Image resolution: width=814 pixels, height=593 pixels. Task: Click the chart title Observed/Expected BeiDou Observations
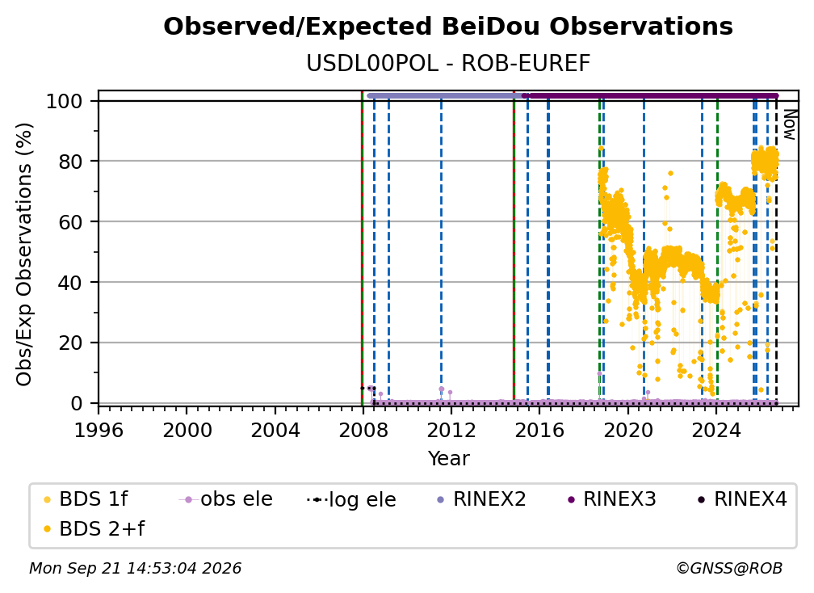448,27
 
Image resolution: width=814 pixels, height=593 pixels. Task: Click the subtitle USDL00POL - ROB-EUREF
448,64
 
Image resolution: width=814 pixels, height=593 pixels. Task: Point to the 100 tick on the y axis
65,101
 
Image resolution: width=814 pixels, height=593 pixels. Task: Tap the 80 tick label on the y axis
70,162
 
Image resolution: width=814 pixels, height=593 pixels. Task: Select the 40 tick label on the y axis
70,283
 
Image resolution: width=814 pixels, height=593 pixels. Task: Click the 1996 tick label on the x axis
99,430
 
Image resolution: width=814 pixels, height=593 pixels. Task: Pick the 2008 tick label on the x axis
363,430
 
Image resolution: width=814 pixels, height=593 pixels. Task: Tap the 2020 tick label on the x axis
627,430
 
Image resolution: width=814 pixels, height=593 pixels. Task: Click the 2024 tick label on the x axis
715,430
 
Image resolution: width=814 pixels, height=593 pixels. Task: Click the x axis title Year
448,459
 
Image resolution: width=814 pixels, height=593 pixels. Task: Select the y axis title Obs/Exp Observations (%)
24,254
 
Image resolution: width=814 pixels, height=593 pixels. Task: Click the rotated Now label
789,124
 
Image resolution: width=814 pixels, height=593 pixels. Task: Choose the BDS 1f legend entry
86,499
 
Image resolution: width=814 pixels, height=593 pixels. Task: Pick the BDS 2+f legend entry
94,528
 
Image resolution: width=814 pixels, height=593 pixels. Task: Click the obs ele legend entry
226,499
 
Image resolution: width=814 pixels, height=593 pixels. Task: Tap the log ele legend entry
351,499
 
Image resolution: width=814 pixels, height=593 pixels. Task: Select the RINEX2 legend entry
481,499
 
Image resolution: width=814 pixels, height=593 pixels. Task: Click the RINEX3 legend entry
611,499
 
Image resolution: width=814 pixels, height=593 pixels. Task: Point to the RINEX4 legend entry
742,499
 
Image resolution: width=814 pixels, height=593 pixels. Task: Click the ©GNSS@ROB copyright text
729,568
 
